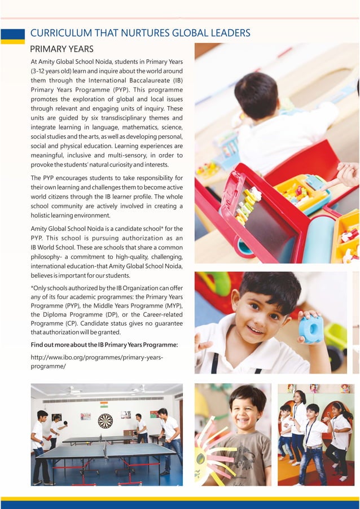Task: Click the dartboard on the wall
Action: (106, 420)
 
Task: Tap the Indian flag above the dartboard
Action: (104, 405)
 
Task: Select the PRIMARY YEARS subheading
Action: (62, 49)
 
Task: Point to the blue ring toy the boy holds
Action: (311, 329)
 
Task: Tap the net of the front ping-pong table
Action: (106, 449)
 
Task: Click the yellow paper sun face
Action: (210, 451)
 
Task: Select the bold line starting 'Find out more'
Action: (104, 344)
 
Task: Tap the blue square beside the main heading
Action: (12, 34)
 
